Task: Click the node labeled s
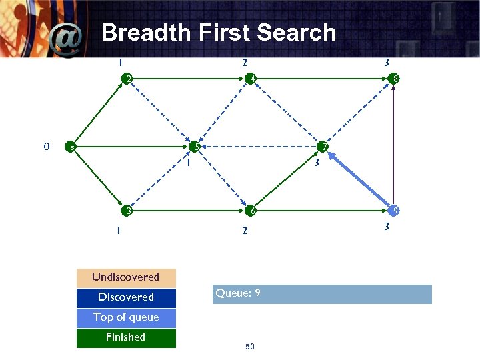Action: pos(69,147)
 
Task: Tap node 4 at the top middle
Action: pos(251,79)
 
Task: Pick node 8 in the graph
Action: pos(395,79)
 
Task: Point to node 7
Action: pos(323,146)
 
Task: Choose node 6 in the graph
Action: pos(251,211)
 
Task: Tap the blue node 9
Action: pos(395,211)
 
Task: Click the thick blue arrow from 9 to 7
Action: pos(360,179)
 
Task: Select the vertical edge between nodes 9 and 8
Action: pos(395,145)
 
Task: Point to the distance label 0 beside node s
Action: pos(45,146)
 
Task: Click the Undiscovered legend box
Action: pos(126,277)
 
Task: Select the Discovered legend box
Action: pos(126,297)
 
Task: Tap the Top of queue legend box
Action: pos(126,317)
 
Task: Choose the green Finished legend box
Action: pos(126,337)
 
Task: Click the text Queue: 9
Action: pos(238,293)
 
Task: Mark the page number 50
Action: pos(251,347)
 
